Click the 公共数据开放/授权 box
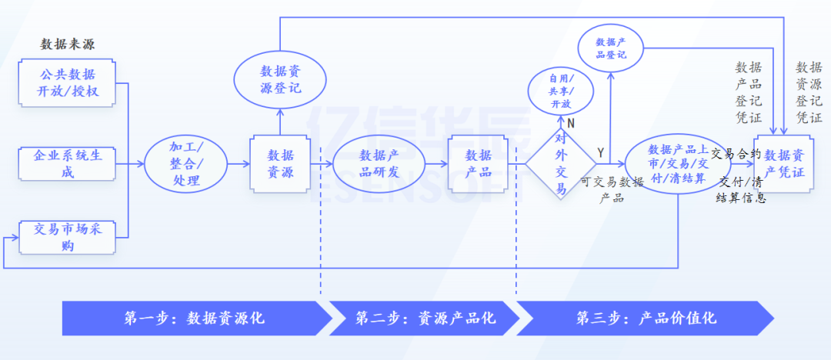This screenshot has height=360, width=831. coord(67,84)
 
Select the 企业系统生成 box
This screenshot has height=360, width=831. coord(67,163)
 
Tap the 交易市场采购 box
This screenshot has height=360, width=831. coord(67,236)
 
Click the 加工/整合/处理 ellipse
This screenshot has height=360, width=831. coord(185,163)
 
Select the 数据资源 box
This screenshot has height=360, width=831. coord(280,163)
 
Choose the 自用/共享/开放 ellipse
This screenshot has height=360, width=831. coord(561,91)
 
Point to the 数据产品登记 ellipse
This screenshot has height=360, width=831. coord(611,48)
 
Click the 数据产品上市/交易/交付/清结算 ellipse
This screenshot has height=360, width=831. coord(677,163)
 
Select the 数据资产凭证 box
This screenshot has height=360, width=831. coord(784,163)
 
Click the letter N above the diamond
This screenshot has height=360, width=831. coord(571,123)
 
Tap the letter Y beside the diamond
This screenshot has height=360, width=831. coord(600,152)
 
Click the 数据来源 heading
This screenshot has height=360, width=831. coord(68,44)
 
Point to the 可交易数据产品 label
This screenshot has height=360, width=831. coord(612,189)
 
